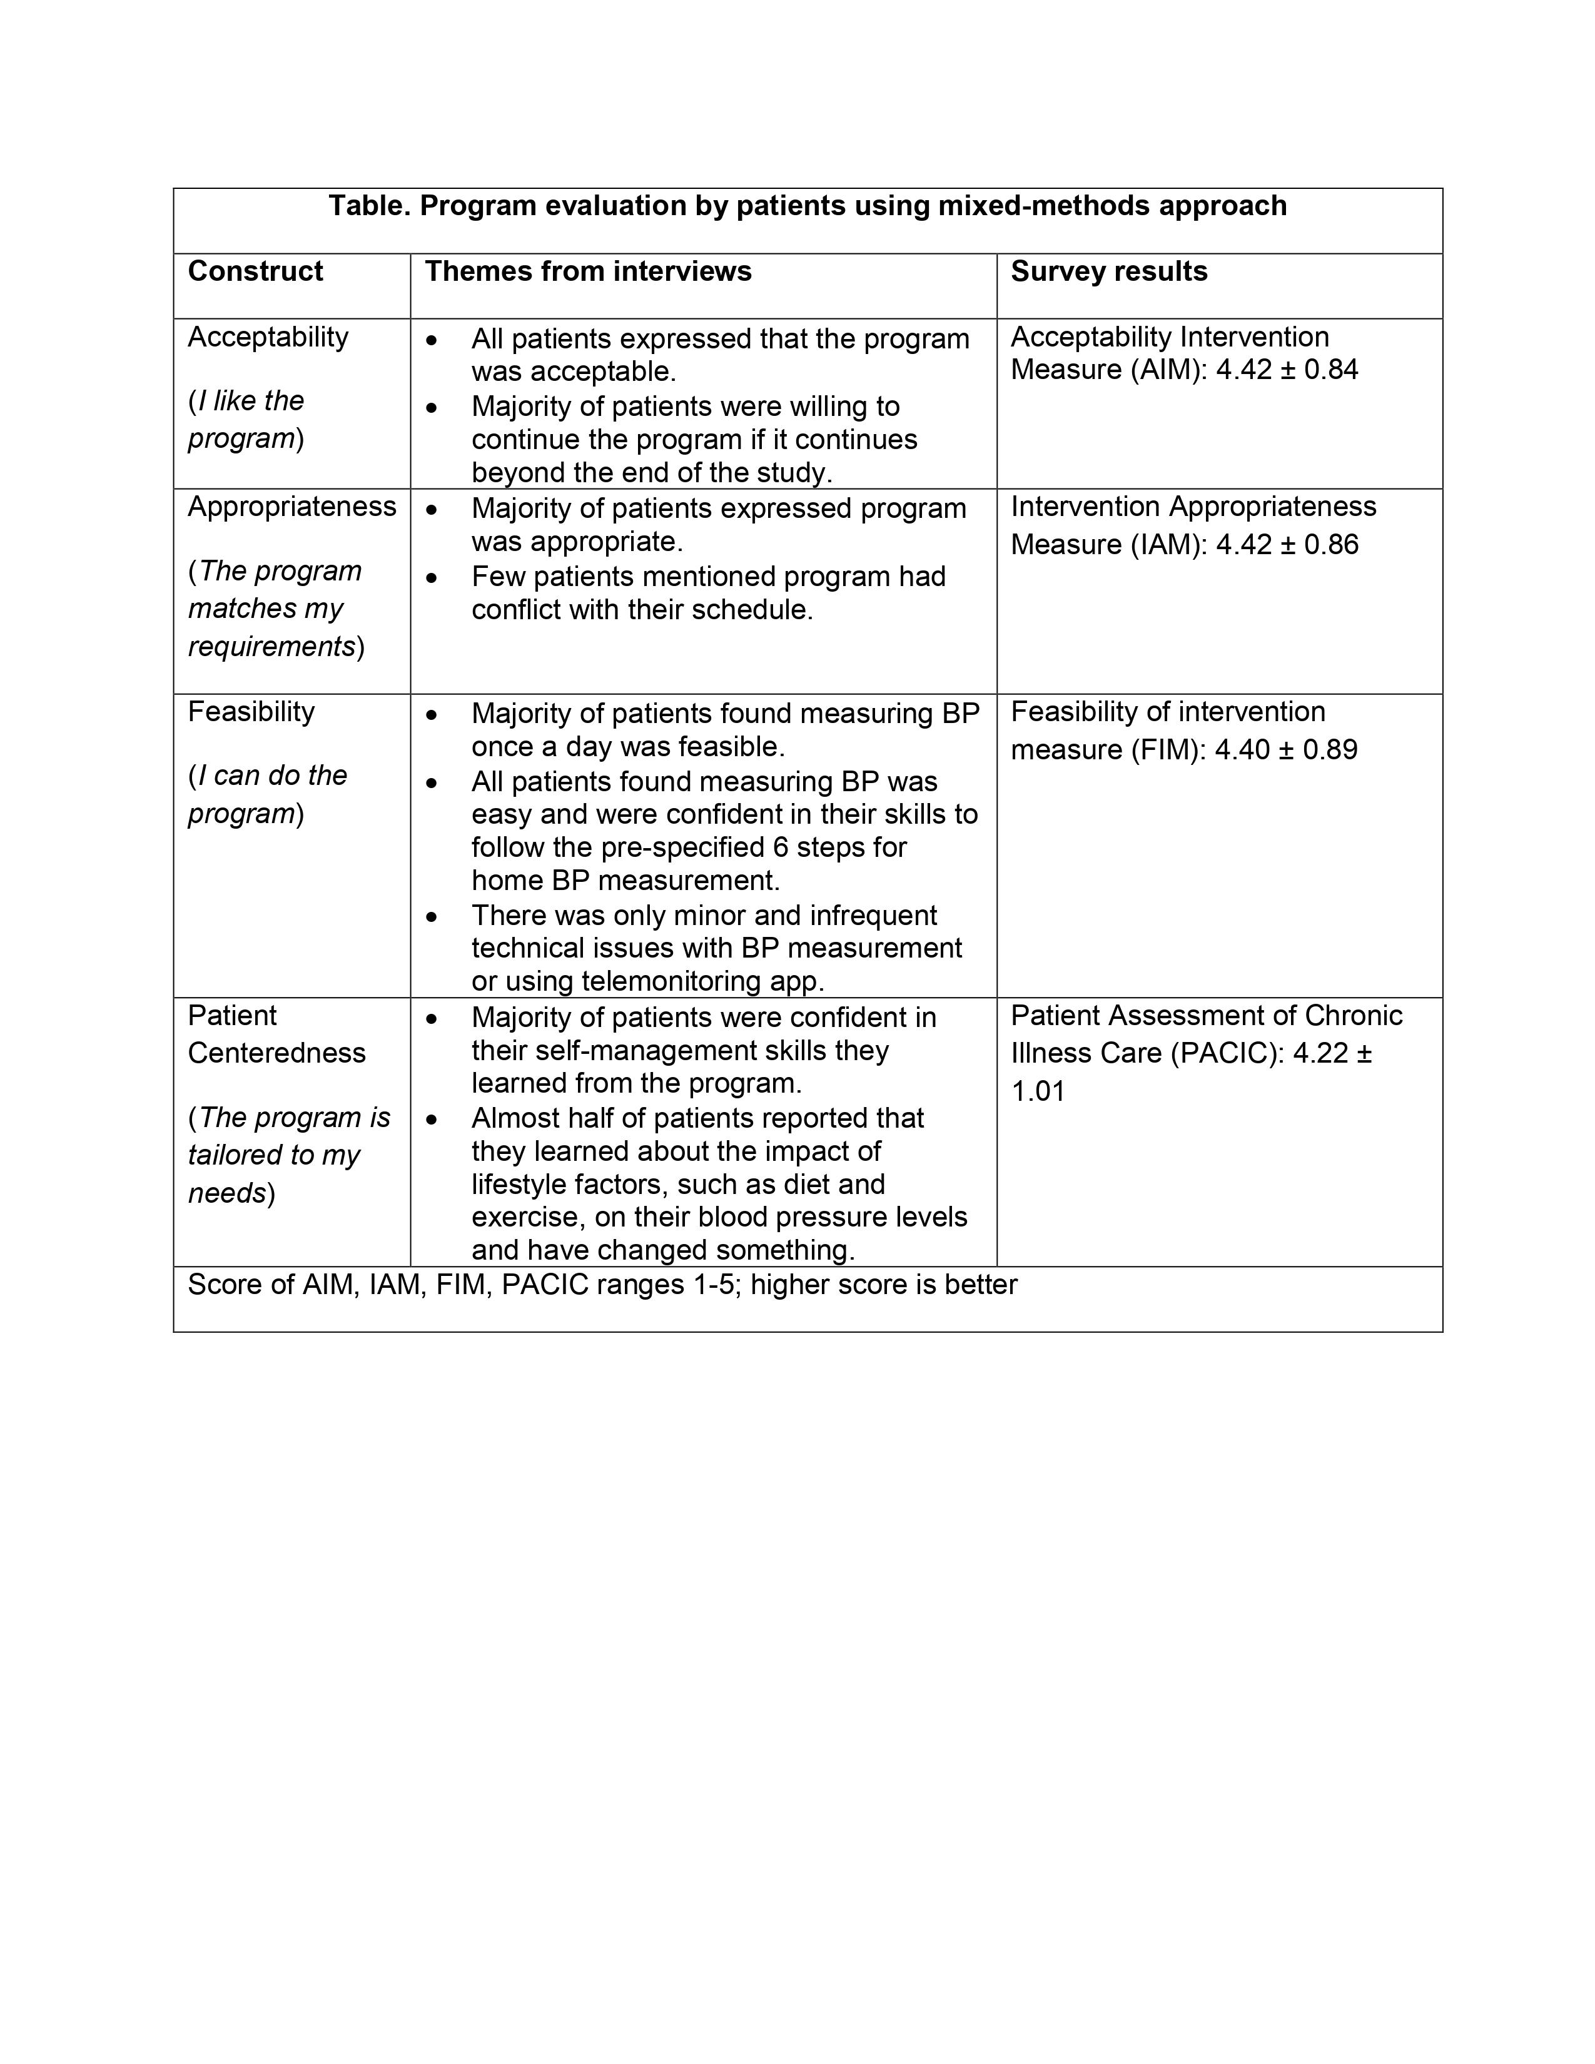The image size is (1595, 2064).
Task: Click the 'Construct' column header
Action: (x=255, y=272)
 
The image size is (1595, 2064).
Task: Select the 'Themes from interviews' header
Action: (x=588, y=272)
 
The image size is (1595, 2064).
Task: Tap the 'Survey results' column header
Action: (x=1108, y=272)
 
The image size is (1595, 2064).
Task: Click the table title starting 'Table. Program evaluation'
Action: (x=807, y=206)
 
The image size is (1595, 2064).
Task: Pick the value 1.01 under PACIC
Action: (x=1038, y=1091)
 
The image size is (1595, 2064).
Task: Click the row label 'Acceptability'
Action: (x=268, y=337)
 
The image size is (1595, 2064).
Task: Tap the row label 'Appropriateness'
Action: (x=291, y=507)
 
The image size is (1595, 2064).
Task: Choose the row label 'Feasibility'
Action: (x=250, y=712)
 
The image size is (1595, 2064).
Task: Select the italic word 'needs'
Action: (x=227, y=1193)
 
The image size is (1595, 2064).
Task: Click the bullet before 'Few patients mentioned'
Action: (x=432, y=577)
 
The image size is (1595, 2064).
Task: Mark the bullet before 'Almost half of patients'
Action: (x=432, y=1119)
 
